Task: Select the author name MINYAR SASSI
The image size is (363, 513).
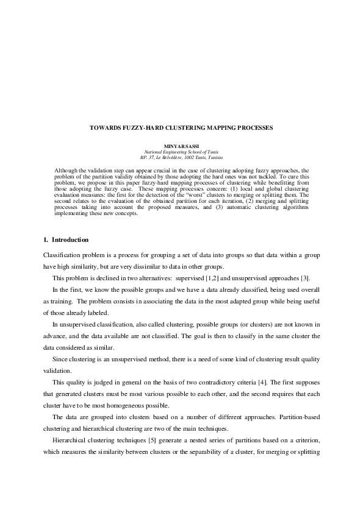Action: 181,146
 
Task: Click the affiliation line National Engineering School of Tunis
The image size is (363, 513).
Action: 181,152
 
